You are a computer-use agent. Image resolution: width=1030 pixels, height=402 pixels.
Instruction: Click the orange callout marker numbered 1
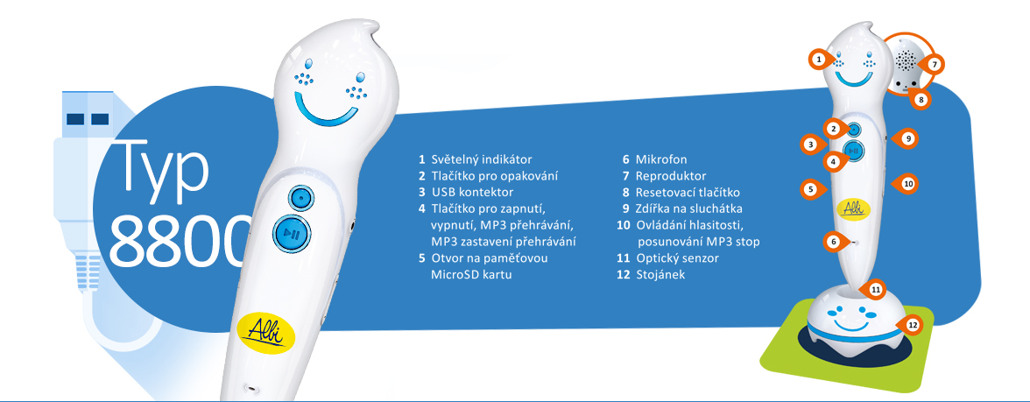(x=818, y=60)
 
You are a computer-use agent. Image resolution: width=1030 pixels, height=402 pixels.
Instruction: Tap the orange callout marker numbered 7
(x=934, y=65)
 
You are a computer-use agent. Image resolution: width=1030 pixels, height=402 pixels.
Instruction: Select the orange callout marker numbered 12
(x=911, y=324)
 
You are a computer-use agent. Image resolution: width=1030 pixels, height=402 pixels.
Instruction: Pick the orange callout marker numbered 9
(x=907, y=138)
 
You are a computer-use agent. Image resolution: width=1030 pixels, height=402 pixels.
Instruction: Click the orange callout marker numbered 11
(x=875, y=289)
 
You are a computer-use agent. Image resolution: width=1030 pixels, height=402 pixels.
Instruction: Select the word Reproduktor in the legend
(x=671, y=176)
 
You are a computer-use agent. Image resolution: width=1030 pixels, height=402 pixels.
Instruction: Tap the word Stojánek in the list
(x=660, y=275)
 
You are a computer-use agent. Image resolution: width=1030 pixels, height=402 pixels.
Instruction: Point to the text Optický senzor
(x=676, y=258)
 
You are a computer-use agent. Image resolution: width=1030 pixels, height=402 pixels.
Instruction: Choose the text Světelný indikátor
(x=482, y=159)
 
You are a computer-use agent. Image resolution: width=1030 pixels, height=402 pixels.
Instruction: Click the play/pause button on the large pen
(x=292, y=233)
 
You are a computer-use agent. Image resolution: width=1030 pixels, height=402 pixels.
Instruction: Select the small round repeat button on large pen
(x=300, y=196)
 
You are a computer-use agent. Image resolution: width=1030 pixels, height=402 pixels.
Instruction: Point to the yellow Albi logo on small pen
(x=853, y=208)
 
